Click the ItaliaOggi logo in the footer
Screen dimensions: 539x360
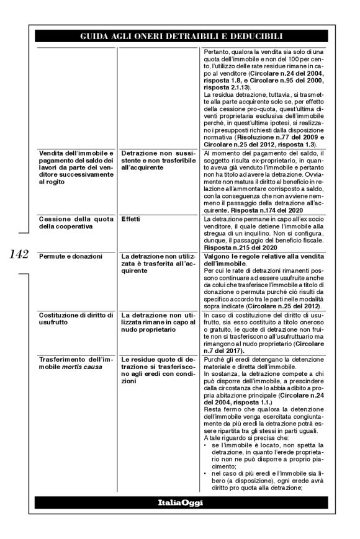[180, 502]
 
